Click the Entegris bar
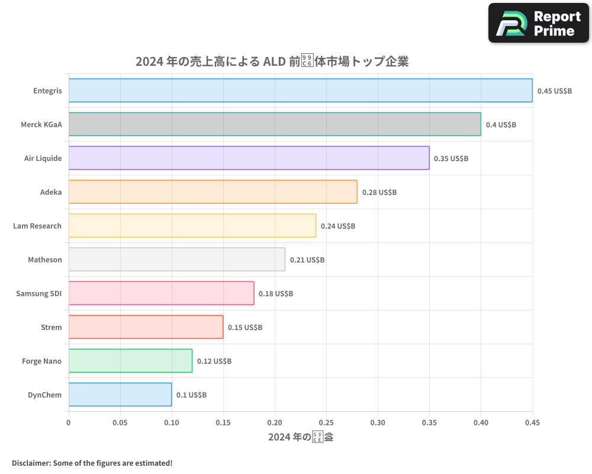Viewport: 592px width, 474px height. coord(300,91)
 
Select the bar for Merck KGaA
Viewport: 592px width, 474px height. coord(275,124)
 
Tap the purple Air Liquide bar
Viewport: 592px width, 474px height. coord(249,158)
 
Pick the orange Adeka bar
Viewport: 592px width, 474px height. coord(213,192)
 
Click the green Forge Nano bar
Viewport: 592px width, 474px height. coord(130,361)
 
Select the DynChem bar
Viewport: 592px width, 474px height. coord(120,395)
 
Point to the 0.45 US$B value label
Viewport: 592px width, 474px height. coord(554,91)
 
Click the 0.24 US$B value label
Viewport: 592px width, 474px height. coord(337,226)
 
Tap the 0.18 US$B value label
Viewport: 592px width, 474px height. coord(275,293)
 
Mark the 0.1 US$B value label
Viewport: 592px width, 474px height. coord(191,395)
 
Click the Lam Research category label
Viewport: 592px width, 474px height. coord(37,226)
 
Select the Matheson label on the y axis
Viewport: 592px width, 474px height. coord(44,260)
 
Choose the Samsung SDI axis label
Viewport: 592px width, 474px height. coord(38,293)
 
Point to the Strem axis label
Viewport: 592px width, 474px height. coord(51,327)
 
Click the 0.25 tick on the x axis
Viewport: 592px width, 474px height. coord(326,422)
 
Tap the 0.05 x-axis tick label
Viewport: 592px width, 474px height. coord(120,422)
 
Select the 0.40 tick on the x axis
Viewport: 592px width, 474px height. coord(481,422)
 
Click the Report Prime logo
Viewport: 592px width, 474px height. coord(539,23)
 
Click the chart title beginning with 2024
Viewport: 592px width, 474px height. coord(272,62)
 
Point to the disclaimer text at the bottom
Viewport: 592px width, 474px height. coord(92,463)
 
